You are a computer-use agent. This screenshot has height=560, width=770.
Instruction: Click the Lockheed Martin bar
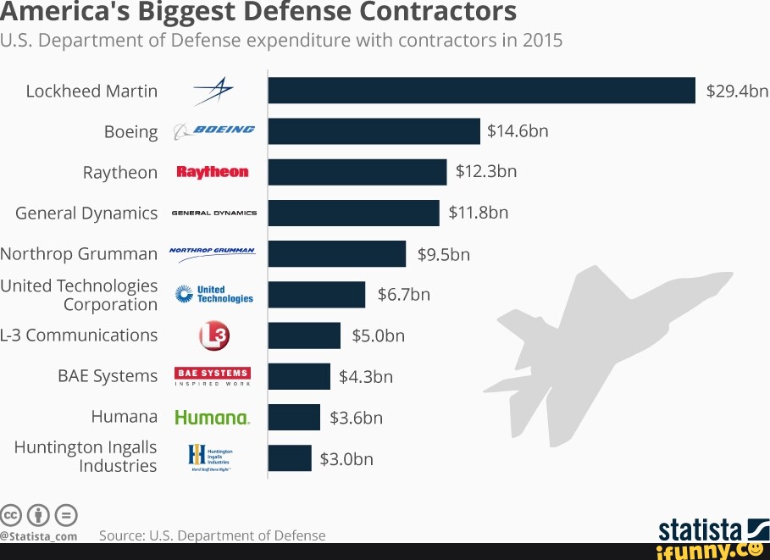tap(481, 91)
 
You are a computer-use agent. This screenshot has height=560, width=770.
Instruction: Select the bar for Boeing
tap(374, 131)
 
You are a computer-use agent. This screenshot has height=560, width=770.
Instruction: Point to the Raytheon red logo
tap(213, 172)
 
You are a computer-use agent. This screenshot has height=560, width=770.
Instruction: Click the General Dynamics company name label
tap(86, 213)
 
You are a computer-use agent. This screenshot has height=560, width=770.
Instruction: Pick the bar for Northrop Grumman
tap(336, 254)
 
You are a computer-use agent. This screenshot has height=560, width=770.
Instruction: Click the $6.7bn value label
tap(404, 294)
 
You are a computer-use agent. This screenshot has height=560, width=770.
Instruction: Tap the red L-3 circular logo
tap(213, 336)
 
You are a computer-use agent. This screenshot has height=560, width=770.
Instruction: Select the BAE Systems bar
tap(299, 376)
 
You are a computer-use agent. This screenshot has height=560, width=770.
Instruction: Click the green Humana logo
tap(212, 418)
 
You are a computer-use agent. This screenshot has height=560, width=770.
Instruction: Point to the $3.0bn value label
tap(346, 458)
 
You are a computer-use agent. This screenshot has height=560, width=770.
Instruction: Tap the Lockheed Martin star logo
tap(213, 91)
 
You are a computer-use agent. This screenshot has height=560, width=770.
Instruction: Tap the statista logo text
tap(700, 530)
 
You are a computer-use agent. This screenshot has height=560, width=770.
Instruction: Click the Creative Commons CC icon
tap(11, 514)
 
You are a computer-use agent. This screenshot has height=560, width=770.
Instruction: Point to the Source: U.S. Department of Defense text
tap(212, 535)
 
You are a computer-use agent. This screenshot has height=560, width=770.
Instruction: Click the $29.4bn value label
tap(737, 91)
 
